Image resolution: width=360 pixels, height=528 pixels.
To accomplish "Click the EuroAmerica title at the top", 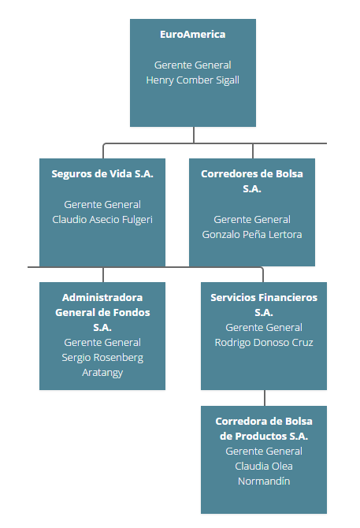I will pyautogui.click(x=192, y=35).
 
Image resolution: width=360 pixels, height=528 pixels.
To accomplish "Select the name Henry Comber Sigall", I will pyautogui.click(x=192, y=80).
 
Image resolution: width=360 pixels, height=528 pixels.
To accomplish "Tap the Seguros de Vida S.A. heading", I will pyautogui.click(x=102, y=173).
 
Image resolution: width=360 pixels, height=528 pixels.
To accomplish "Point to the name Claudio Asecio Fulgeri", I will pyautogui.click(x=102, y=219).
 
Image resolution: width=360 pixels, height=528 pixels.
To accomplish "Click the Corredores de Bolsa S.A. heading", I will pyautogui.click(x=252, y=180).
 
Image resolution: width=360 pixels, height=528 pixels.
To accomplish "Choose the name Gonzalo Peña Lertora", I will pyautogui.click(x=252, y=234).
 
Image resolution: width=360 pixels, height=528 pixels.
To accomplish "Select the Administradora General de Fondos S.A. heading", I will pyautogui.click(x=102, y=312).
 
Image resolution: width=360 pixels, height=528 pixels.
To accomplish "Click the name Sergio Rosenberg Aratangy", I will pyautogui.click(x=102, y=365).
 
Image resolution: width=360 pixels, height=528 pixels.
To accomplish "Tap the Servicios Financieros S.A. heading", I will pyautogui.click(x=264, y=304).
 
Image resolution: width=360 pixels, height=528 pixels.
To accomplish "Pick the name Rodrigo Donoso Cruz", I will pyautogui.click(x=264, y=342).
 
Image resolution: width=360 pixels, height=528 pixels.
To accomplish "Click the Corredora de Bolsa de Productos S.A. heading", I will pyautogui.click(x=264, y=428).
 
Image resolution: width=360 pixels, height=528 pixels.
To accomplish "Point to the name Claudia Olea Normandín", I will pyautogui.click(x=264, y=474).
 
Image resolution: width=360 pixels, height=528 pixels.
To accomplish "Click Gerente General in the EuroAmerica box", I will pyautogui.click(x=192, y=65).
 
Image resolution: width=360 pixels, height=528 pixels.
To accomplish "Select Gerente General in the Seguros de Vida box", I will pyautogui.click(x=102, y=204).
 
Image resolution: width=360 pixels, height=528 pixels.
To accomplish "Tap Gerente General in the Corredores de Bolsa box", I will pyautogui.click(x=252, y=219).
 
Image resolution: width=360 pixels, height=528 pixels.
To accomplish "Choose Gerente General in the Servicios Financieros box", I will pyautogui.click(x=264, y=327).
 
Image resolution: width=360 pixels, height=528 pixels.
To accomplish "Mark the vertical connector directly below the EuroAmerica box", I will pyautogui.click(x=194, y=135).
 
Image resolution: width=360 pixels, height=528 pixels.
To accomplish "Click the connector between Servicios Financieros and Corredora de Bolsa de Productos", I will pyautogui.click(x=264, y=398).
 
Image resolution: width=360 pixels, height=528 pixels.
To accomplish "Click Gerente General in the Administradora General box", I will pyautogui.click(x=102, y=342).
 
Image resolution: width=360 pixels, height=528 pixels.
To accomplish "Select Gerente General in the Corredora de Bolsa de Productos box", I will pyautogui.click(x=264, y=451).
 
